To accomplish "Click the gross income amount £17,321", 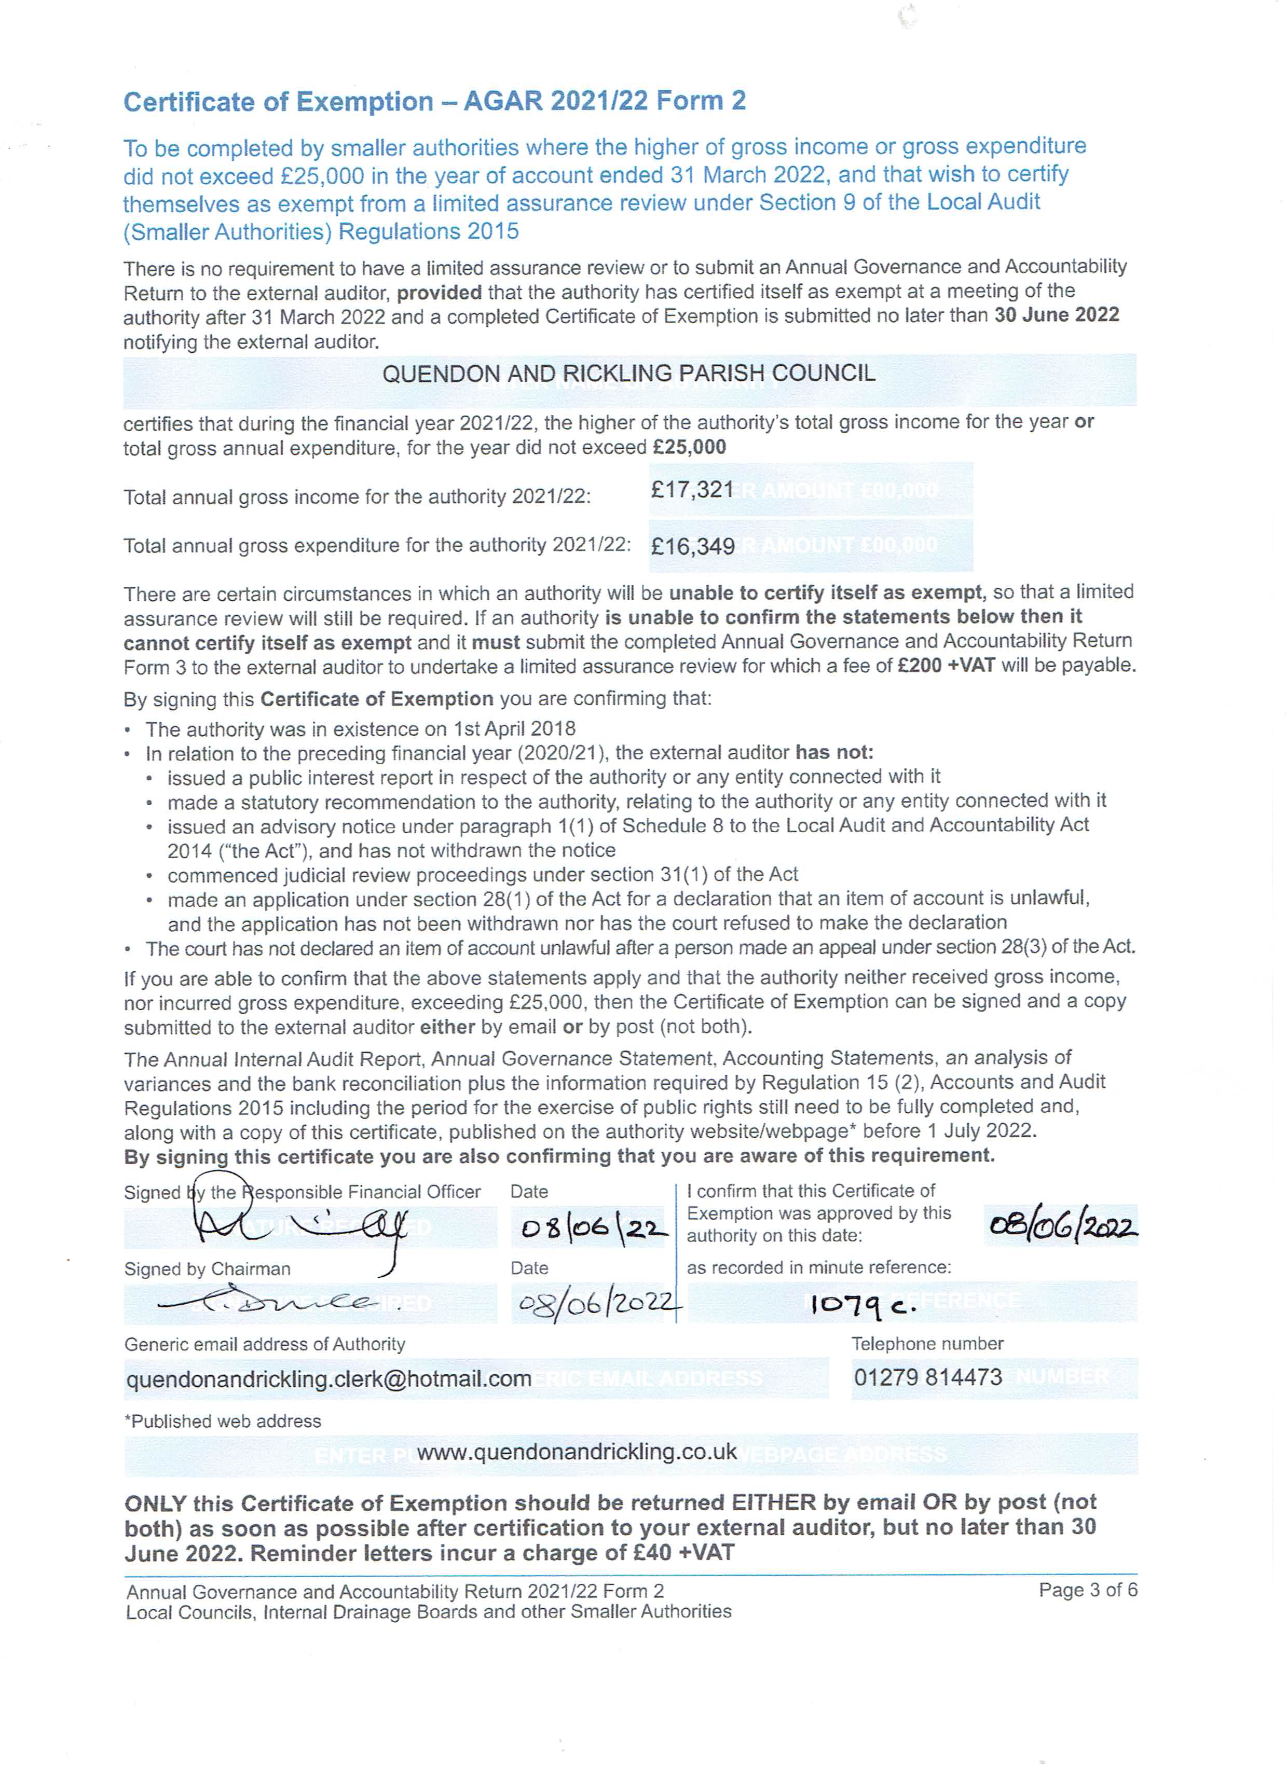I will coord(691,490).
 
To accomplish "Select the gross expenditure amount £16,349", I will coord(692,546).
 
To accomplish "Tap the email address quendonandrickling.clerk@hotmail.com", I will coord(328,1379).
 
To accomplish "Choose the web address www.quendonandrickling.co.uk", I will coord(577,1452).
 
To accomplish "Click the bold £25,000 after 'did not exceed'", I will coord(689,448).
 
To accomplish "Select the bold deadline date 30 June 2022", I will coord(1056,315).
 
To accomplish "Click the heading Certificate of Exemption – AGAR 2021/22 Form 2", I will coord(434,101).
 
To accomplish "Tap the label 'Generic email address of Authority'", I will coord(265,1344).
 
